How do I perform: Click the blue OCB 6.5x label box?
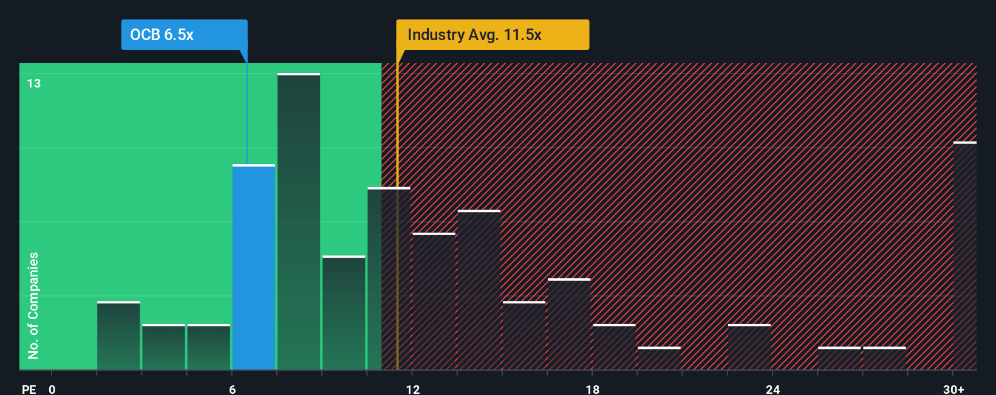pyautogui.click(x=184, y=35)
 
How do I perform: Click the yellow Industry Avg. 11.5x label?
pyautogui.click(x=492, y=35)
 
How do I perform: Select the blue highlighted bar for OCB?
pyautogui.click(x=254, y=267)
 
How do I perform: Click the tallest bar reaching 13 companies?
pyautogui.click(x=299, y=222)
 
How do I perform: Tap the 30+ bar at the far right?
pyautogui.click(x=964, y=255)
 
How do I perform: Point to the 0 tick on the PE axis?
pyautogui.click(x=52, y=389)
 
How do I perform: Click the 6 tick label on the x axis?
pyautogui.click(x=232, y=389)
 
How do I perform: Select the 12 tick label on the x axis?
pyautogui.click(x=412, y=389)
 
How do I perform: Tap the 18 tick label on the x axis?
pyautogui.click(x=593, y=389)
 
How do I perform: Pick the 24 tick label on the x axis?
pyautogui.click(x=773, y=389)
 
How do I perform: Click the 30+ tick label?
pyautogui.click(x=953, y=389)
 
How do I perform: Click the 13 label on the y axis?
pyautogui.click(x=34, y=83)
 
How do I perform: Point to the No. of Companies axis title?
pyautogui.click(x=33, y=305)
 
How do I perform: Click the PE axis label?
pyautogui.click(x=29, y=389)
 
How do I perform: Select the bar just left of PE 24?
pyautogui.click(x=749, y=347)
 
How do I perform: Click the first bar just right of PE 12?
pyautogui.click(x=434, y=301)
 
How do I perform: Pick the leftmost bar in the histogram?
pyautogui.click(x=118, y=335)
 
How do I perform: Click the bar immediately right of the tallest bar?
pyautogui.click(x=344, y=313)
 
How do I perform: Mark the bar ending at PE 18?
pyautogui.click(x=569, y=324)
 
